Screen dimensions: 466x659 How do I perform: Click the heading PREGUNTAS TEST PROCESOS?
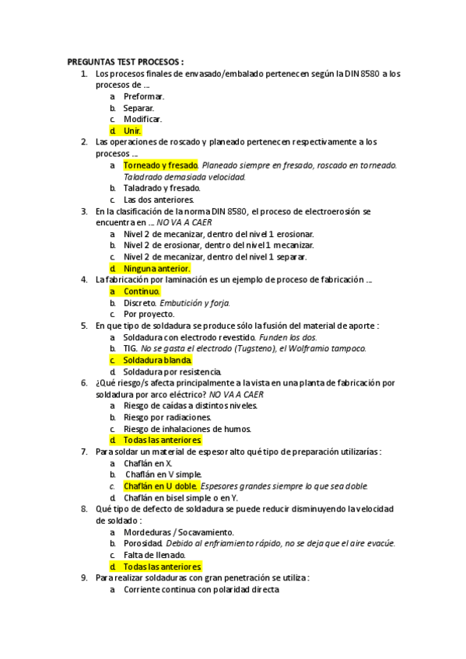point(125,62)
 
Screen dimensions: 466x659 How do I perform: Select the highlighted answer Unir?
point(132,131)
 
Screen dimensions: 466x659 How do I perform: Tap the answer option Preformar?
point(144,96)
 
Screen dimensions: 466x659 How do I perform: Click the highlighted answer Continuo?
point(142,291)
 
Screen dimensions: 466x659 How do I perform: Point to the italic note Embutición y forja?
point(195,302)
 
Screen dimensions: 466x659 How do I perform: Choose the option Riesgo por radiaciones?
point(166,417)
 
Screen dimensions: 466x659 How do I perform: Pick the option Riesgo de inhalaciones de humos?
point(184,428)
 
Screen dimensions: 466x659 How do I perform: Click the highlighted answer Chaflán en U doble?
point(161,486)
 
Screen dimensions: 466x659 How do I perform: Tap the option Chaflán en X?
point(148,463)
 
